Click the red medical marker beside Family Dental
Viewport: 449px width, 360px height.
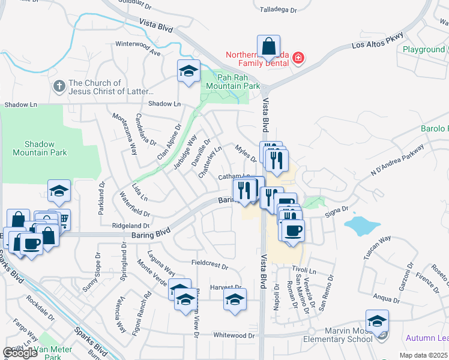click(x=298, y=58)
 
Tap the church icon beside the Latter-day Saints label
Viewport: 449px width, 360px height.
click(x=59, y=86)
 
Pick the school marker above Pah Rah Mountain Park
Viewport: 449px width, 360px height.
click(x=188, y=71)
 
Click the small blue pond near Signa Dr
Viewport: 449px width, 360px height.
click(x=363, y=226)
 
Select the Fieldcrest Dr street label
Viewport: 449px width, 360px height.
click(x=209, y=264)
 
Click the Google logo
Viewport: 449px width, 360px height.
click(x=20, y=353)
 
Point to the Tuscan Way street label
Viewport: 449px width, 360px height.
click(x=377, y=247)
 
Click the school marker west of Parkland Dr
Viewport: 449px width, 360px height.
click(x=59, y=191)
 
